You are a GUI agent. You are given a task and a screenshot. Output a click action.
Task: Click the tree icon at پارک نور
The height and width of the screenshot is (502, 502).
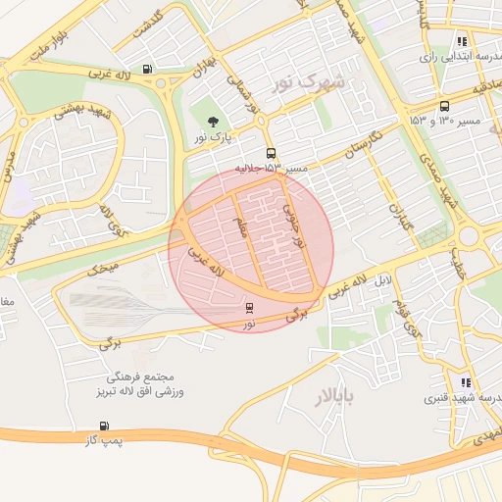pos(214,122)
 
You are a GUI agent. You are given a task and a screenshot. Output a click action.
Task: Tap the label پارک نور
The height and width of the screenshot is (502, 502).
pos(214,139)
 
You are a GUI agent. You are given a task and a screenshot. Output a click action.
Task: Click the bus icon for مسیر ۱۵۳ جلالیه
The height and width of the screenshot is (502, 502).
pos(271,153)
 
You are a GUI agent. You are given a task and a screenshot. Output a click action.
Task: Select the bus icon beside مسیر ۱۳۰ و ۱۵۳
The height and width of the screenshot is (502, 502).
pos(445,106)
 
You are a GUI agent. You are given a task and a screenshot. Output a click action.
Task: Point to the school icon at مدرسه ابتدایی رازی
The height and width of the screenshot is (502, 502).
pos(461,41)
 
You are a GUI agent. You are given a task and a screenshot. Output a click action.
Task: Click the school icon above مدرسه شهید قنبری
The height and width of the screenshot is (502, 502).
pos(465,383)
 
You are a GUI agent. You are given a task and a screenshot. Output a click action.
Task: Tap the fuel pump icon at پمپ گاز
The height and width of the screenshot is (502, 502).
pos(104,427)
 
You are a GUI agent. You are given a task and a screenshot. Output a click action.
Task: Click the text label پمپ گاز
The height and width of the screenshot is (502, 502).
pos(104,443)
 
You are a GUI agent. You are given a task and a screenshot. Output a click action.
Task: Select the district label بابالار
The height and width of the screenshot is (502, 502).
pos(338,397)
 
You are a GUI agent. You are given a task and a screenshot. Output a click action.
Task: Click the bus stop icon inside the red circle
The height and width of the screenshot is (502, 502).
pos(249,308)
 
